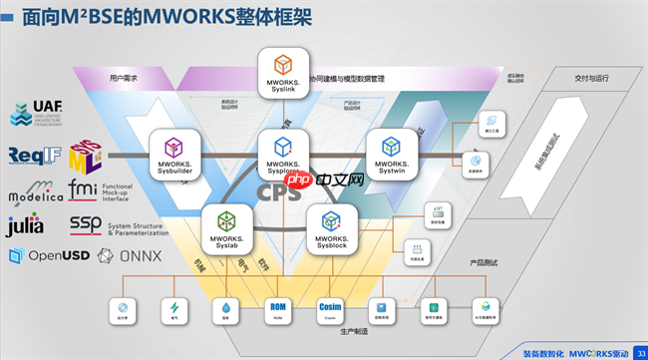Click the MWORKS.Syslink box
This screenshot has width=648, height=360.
(282, 72)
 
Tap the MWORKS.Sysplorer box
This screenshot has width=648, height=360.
(282, 154)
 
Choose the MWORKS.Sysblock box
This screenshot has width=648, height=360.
(332, 228)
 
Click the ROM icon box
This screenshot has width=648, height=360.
(277, 310)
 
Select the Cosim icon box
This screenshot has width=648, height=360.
(330, 310)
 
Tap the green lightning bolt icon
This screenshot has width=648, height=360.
(176, 310)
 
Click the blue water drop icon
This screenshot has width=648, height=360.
(226, 310)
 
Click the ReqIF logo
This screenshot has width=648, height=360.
(33, 156)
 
